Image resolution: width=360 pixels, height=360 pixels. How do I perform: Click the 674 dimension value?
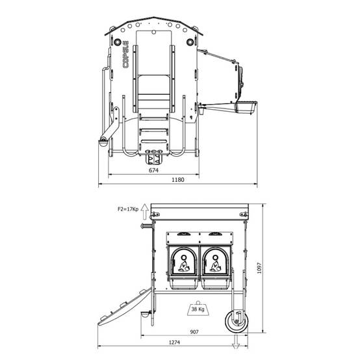pos(153,170)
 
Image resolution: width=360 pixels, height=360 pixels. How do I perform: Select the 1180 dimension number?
pos(178,180)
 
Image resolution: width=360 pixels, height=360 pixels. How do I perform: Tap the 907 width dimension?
pos(194,332)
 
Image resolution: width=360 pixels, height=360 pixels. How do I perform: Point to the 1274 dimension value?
pos(174,342)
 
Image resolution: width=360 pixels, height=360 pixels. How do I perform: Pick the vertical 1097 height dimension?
pos(259,268)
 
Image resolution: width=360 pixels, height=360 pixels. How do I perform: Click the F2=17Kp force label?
pos(128,209)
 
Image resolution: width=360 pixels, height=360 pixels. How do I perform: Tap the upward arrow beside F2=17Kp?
pos(145,212)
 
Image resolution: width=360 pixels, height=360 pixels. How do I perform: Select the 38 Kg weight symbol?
pos(198,308)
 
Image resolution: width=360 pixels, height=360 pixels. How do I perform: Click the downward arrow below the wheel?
pos(236,342)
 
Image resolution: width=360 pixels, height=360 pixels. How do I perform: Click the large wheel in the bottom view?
pos(237,321)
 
